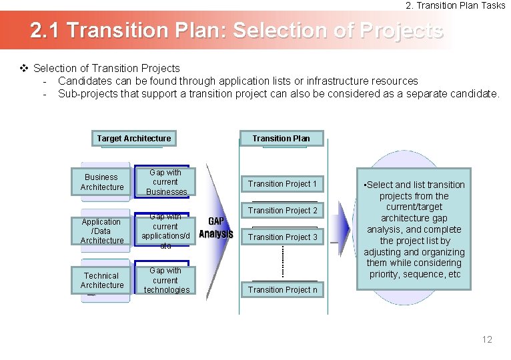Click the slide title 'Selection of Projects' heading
[x=237, y=31]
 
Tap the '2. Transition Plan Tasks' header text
[x=456, y=5]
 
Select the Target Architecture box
[x=133, y=139]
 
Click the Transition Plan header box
[x=281, y=139]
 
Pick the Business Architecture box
[x=102, y=182]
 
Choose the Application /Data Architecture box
[x=102, y=231]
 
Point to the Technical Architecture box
[x=102, y=280]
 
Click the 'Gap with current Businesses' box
[x=165, y=182]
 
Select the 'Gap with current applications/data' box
[x=165, y=231]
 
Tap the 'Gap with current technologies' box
[x=165, y=280]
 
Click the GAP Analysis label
[x=215, y=227]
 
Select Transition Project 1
[x=282, y=184]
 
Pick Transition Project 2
[x=282, y=211]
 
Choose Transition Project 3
[x=282, y=237]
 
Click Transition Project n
[x=282, y=289]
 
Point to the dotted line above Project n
[x=283, y=261]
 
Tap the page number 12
[x=486, y=339]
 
